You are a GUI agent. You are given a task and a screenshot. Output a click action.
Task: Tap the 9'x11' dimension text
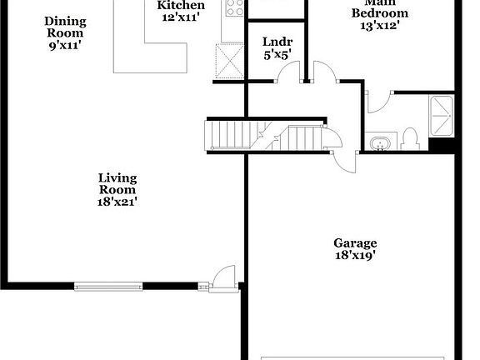63,46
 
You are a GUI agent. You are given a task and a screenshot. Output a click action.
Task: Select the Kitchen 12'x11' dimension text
180,17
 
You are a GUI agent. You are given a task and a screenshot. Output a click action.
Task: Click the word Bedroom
380,13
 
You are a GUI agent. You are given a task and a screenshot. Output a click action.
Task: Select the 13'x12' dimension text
380,26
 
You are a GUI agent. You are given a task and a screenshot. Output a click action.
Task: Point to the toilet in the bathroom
410,137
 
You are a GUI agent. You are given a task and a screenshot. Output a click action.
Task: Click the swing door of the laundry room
287,73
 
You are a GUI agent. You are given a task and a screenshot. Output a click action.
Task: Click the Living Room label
117,183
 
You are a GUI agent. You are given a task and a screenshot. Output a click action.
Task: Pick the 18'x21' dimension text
117,201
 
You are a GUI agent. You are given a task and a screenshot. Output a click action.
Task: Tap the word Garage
355,242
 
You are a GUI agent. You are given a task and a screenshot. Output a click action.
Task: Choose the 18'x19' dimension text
355,256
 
